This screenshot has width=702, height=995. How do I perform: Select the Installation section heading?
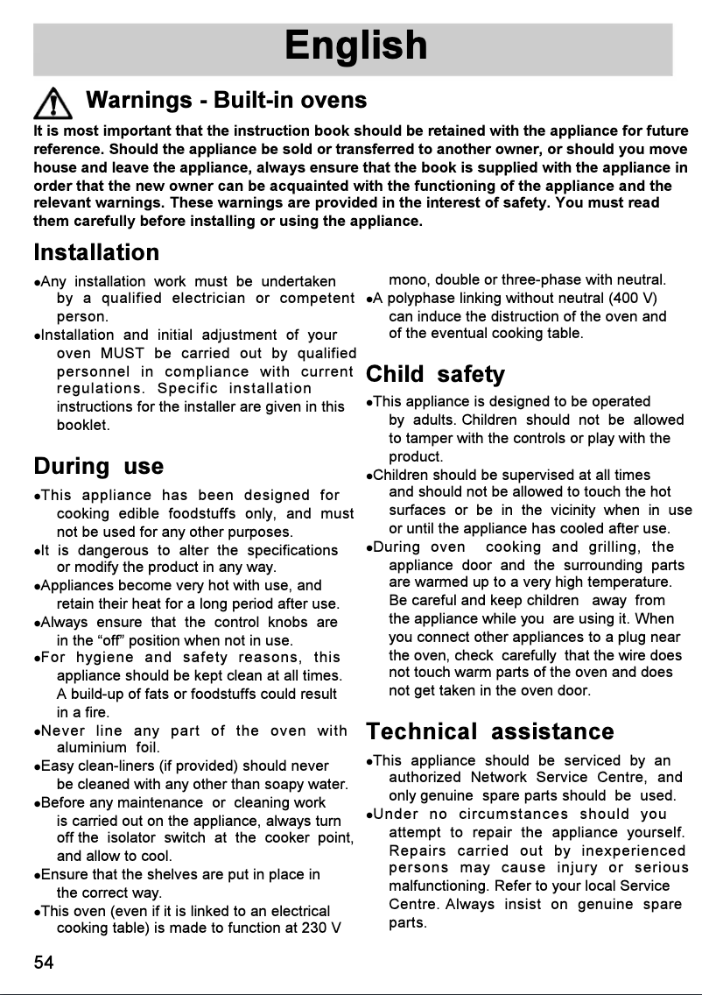tap(96, 252)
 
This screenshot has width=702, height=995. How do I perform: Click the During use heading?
tap(98, 465)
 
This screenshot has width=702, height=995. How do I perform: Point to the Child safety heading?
tap(435, 375)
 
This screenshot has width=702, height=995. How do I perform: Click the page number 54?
tap(44, 963)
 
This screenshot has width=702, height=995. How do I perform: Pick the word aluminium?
tap(90, 748)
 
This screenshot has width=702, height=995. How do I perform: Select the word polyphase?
tap(411, 299)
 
